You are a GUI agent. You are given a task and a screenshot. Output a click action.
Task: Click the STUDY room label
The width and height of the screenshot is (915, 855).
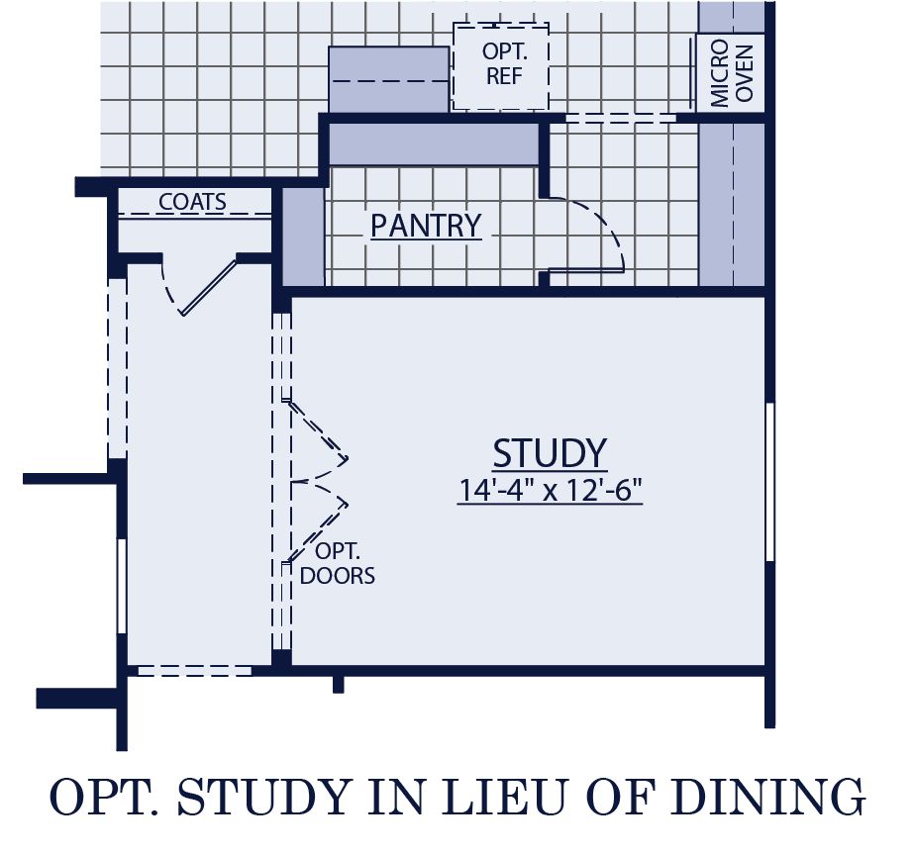550,453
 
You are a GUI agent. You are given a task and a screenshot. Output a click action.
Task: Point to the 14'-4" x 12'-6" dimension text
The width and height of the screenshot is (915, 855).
550,490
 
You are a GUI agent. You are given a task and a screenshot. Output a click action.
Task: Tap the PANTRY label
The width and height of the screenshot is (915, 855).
426,226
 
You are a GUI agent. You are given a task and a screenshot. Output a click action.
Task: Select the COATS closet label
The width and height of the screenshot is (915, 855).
193,202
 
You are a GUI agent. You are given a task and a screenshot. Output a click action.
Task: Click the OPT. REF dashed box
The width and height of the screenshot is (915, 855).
501,64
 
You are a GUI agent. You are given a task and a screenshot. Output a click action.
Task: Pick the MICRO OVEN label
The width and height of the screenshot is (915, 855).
732,74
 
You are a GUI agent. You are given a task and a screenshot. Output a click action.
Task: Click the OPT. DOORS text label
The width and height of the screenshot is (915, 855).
337,564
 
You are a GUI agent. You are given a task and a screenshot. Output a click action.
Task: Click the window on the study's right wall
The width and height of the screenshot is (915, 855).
770,482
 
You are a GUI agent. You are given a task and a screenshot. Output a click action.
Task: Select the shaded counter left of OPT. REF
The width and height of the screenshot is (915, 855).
388,79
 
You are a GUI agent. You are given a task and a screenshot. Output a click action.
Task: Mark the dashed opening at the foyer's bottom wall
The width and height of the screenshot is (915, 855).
193,670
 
